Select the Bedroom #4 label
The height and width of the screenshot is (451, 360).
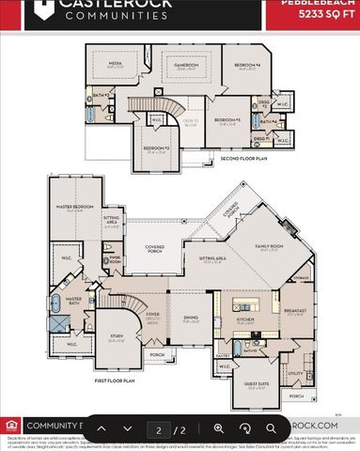tap(246, 64)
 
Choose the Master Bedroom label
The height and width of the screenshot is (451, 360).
tap(70, 209)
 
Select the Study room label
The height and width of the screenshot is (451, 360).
tap(117, 339)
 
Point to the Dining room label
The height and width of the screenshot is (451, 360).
tap(191, 319)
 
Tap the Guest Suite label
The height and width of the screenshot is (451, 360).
tap(257, 384)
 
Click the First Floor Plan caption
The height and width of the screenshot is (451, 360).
tap(115, 381)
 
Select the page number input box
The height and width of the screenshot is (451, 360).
tap(159, 429)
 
